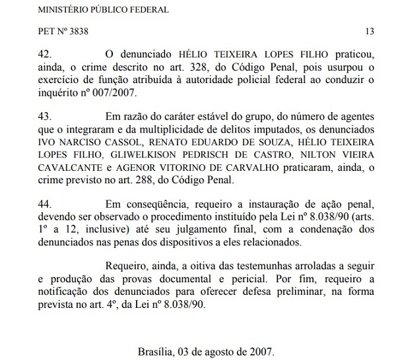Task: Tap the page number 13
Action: click(x=369, y=31)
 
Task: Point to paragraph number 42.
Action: click(x=46, y=51)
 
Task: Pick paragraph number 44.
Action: click(x=46, y=209)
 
